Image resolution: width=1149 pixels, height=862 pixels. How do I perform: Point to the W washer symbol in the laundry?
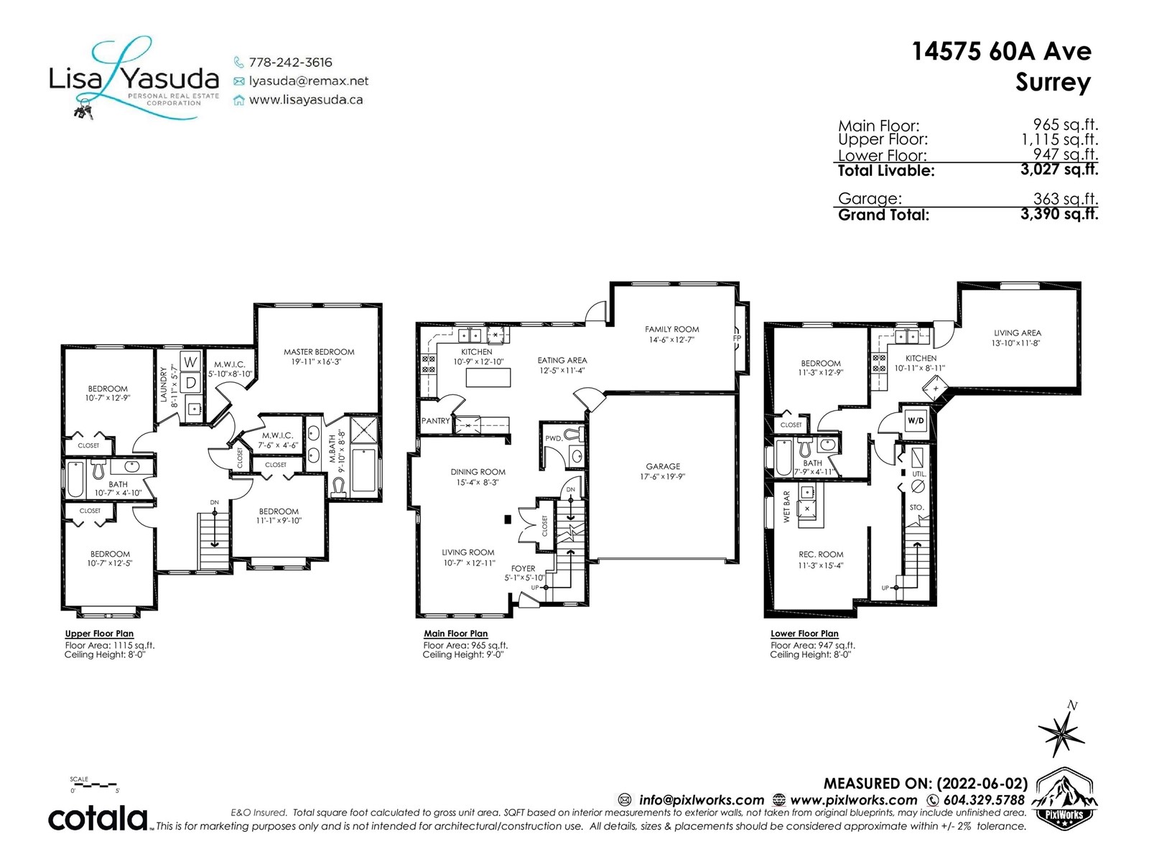190,361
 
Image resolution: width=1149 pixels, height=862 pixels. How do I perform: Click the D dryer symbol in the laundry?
190,383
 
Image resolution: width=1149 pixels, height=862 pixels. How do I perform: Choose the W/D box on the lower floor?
916,421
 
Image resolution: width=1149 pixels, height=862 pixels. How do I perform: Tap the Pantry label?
435,421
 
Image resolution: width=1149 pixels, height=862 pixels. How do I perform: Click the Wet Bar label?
786,507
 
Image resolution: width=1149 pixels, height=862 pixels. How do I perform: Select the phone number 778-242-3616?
291,62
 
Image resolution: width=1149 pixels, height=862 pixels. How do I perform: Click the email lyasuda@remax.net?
309,81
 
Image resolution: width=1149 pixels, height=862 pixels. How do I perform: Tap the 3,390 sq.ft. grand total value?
1059,213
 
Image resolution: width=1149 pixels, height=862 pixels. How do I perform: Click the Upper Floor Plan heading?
99,634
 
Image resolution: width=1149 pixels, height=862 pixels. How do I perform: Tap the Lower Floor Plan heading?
804,634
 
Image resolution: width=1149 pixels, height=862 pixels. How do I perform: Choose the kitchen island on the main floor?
488,377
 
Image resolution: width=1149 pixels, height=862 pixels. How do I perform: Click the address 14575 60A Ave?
1001,51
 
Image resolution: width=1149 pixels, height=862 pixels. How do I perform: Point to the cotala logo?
98,819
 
